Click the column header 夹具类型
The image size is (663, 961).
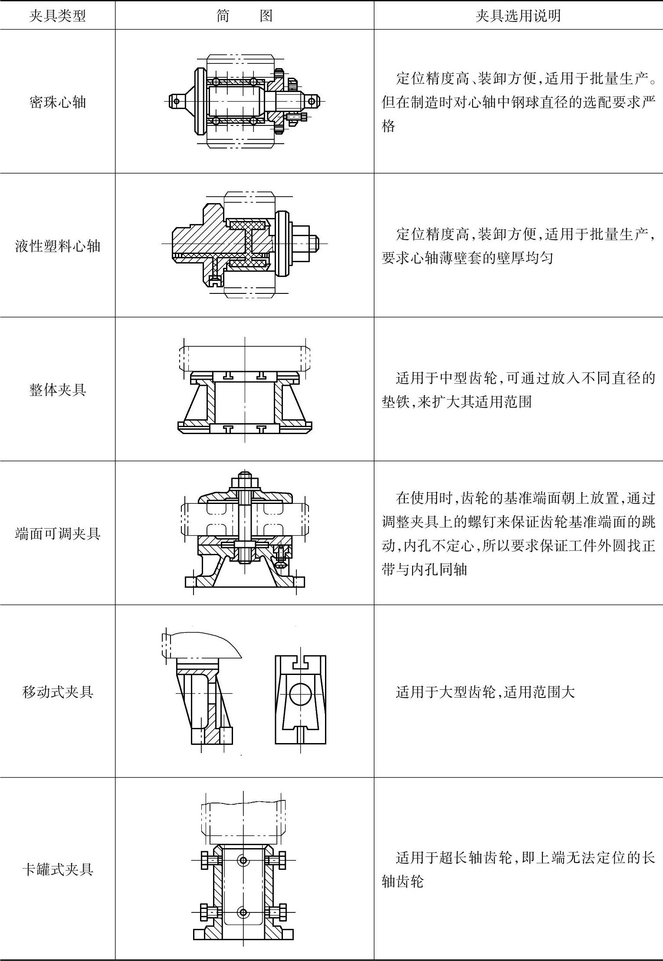[x=58, y=16]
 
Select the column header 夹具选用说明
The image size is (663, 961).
[x=518, y=16]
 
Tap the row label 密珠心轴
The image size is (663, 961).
[x=58, y=102]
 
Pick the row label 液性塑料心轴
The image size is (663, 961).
[x=58, y=246]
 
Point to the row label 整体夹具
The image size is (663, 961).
[x=58, y=390]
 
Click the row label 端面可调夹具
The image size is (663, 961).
[x=58, y=533]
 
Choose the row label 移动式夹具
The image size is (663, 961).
[x=58, y=691]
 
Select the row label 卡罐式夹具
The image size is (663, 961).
[x=58, y=869]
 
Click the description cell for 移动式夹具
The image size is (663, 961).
[x=485, y=691]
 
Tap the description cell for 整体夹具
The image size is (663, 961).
[x=518, y=390]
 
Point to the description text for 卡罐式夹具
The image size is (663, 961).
[x=518, y=869]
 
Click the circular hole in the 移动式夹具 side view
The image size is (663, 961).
[x=300, y=693]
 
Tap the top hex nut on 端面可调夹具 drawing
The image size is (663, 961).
[x=245, y=482]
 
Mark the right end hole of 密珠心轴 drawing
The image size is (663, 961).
[x=312, y=102]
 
